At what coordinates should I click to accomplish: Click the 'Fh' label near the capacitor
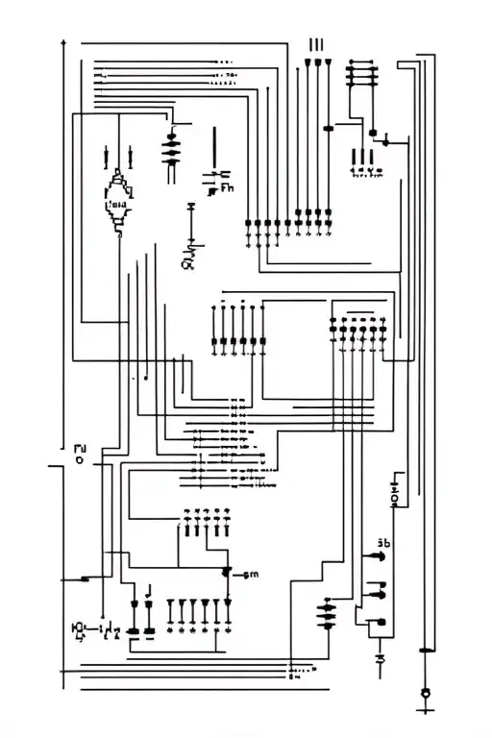click(x=227, y=189)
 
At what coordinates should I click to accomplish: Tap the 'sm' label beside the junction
click(x=251, y=575)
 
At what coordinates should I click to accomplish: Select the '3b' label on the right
click(x=383, y=543)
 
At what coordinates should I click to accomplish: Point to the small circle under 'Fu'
click(x=79, y=460)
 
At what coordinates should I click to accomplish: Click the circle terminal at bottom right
click(x=426, y=693)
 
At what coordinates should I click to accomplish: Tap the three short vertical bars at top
click(x=316, y=44)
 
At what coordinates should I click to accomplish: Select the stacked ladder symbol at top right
click(x=362, y=76)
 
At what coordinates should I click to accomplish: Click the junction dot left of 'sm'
click(x=227, y=573)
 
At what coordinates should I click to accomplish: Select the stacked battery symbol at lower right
click(x=329, y=613)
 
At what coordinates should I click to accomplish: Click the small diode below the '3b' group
click(x=381, y=659)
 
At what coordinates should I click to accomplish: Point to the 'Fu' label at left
click(x=80, y=447)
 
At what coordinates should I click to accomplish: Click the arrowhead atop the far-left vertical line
click(x=62, y=42)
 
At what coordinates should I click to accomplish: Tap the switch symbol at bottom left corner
click(x=81, y=630)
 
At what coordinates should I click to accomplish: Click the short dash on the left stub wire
click(x=86, y=578)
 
